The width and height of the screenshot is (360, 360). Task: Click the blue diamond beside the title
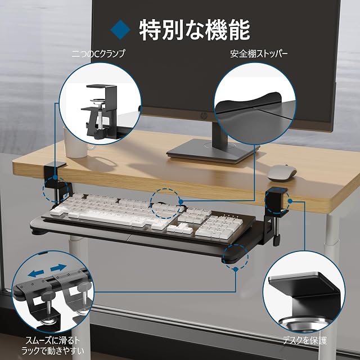tap(120, 29)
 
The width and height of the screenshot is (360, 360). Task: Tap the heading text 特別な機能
tap(195, 30)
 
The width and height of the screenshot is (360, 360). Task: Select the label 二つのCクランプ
tap(98, 54)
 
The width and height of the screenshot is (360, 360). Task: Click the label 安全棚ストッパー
tap(259, 54)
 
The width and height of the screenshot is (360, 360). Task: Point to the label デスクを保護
tap(305, 340)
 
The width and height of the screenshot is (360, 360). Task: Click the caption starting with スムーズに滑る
tap(53, 345)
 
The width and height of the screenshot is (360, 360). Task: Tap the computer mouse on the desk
tap(282, 173)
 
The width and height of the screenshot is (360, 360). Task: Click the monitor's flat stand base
tap(213, 151)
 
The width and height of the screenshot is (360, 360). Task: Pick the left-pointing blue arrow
tap(36, 273)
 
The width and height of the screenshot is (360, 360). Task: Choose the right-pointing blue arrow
tap(58, 268)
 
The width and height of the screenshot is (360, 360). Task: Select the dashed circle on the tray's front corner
tap(236, 256)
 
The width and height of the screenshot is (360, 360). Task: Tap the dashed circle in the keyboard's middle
tap(165, 203)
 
